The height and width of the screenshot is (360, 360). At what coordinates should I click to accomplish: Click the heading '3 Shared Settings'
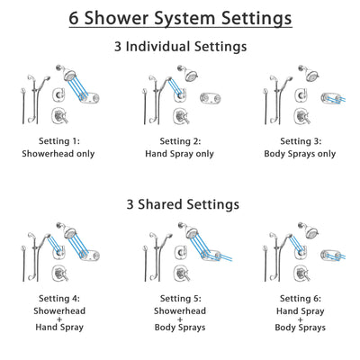[180, 204]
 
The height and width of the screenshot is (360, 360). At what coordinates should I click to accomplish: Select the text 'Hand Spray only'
[180, 154]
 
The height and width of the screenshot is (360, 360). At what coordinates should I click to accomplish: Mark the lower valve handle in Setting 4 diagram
[56, 279]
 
